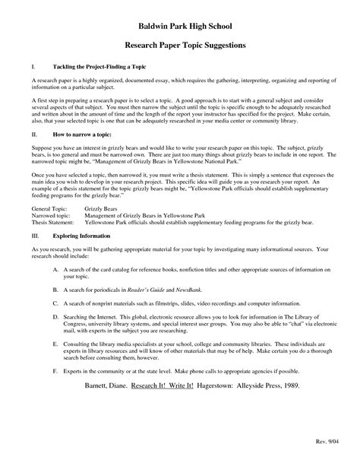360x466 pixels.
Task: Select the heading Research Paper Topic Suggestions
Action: coord(180,46)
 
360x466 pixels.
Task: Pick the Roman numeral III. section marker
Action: coord(36,236)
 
